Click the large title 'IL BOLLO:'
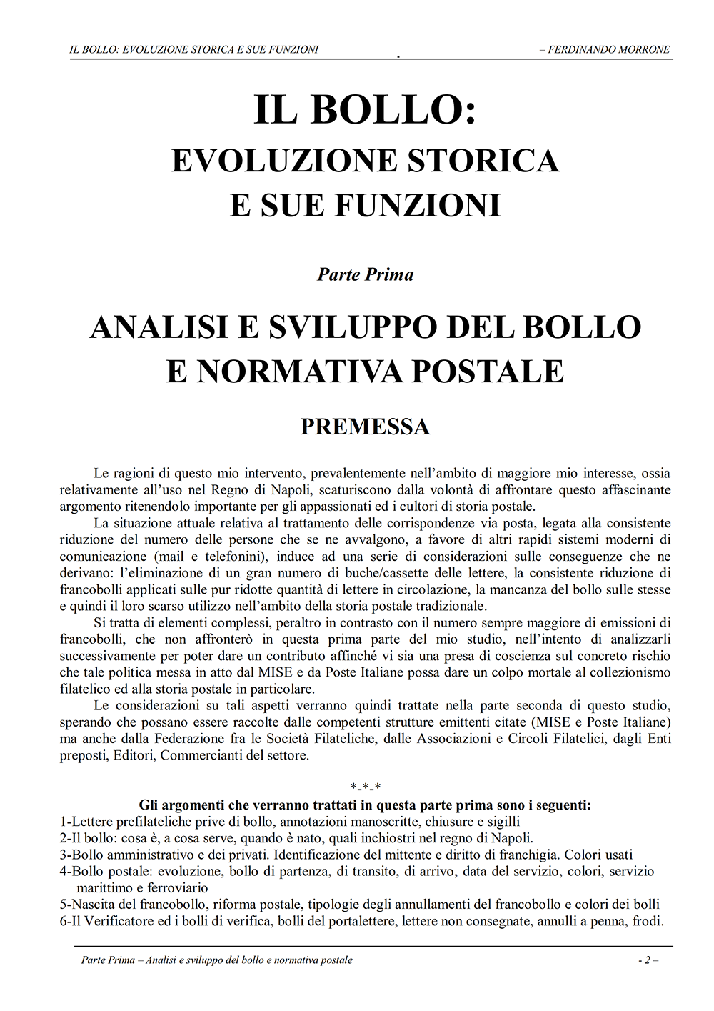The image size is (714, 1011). (x=365, y=111)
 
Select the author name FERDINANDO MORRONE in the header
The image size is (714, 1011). (x=609, y=49)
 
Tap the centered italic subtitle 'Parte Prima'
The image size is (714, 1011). (x=365, y=274)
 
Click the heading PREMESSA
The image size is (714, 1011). (x=365, y=427)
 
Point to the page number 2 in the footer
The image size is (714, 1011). (x=647, y=960)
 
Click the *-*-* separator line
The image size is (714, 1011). (x=365, y=789)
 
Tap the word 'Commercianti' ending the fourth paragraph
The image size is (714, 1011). (x=201, y=755)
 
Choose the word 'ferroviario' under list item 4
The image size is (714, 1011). (x=178, y=888)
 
